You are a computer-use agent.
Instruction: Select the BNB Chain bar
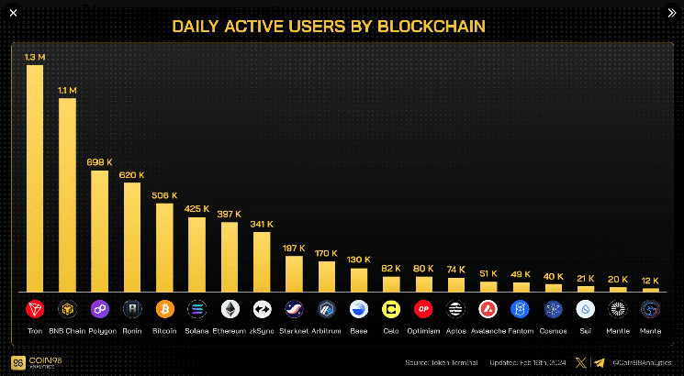tap(67, 194)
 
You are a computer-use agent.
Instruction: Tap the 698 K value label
tap(99, 161)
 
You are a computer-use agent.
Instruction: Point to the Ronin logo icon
tap(132, 309)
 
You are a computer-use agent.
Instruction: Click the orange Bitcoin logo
tap(164, 309)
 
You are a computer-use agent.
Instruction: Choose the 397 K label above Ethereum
tap(230, 214)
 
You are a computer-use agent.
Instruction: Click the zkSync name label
tap(262, 330)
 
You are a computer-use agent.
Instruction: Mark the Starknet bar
tap(294, 273)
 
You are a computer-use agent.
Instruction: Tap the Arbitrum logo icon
tap(326, 309)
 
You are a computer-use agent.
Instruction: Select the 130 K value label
tap(359, 260)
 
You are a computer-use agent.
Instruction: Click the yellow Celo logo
tap(391, 309)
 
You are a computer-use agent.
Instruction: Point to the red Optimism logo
tap(423, 309)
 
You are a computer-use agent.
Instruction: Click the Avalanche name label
tap(488, 330)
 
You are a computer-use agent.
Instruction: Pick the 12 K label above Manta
tap(650, 280)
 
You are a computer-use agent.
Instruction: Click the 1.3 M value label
tap(35, 56)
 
